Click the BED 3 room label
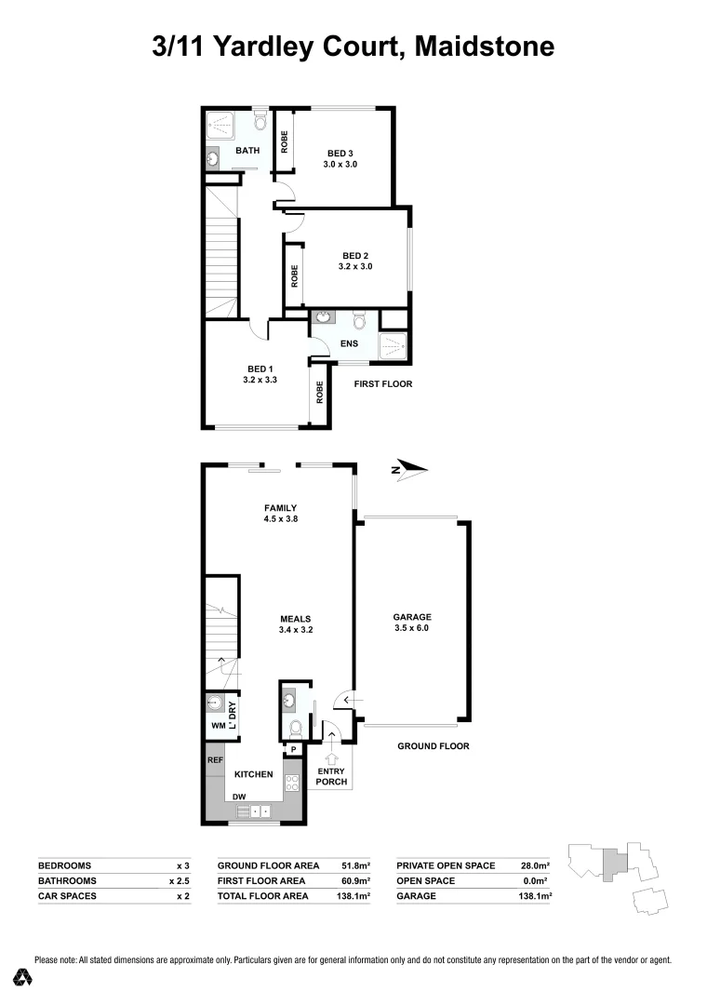pos(341,154)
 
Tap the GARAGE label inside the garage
pos(412,617)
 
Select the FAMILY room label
pos(279,507)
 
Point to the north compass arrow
pos(407,469)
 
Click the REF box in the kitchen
pos(215,760)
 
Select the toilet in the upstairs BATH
pos(260,123)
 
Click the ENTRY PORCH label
pos(331,776)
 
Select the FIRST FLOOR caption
pos(383,383)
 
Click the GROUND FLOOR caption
pos(433,746)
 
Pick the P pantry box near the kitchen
pos(292,749)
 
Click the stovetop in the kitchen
pos(291,782)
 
